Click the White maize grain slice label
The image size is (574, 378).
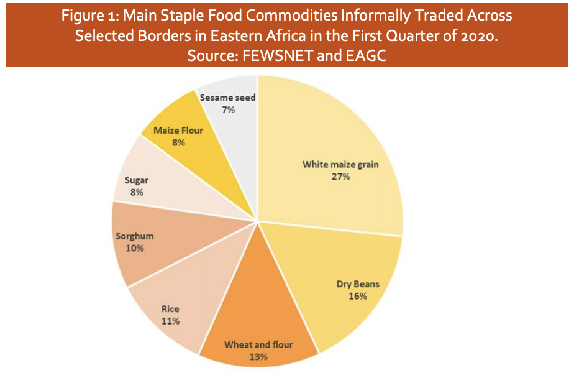(340, 165)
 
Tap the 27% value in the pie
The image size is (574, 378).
(340, 177)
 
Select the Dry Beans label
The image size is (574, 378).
(358, 284)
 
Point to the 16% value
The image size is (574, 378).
(358, 296)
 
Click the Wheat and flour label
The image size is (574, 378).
(258, 344)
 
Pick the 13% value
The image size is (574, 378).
(258, 357)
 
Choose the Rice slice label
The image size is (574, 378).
(170, 309)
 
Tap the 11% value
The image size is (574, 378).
(170, 321)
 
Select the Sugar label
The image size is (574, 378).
(137, 180)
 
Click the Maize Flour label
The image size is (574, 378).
(180, 131)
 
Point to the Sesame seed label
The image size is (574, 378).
(228, 98)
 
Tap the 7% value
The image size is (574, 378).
(228, 109)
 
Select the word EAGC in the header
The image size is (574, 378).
(368, 55)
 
